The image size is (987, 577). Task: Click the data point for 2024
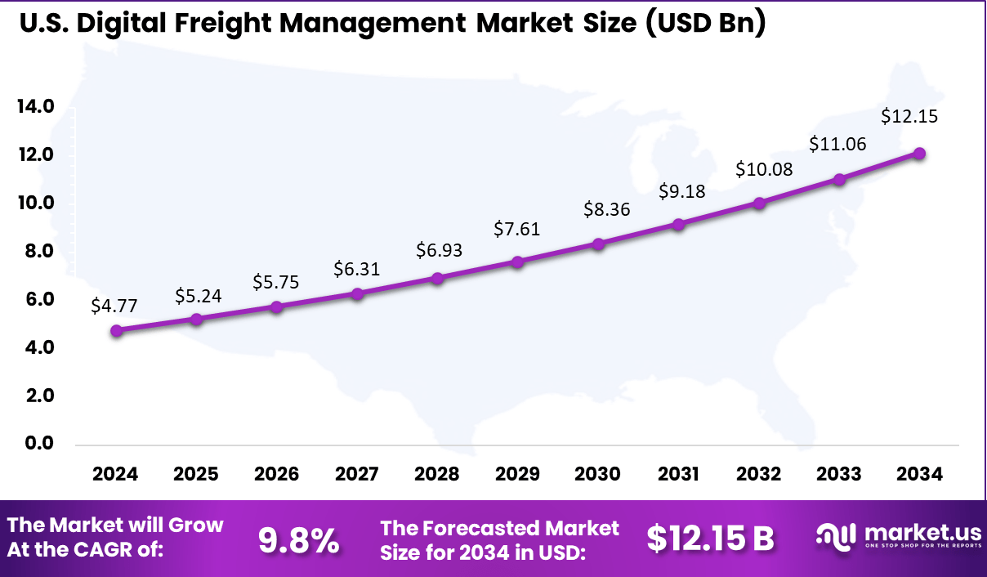coord(117,331)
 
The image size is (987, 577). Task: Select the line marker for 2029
coord(517,262)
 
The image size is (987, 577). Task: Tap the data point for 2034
coord(919,153)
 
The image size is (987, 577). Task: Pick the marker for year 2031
coord(677,224)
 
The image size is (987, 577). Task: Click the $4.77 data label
coord(114,306)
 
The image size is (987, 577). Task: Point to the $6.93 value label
coord(438,250)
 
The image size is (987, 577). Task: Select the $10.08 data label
coord(763,170)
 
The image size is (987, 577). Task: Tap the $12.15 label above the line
coord(909,117)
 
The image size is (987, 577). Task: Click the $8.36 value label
coord(605,209)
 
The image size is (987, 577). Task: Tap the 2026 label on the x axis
coord(276,474)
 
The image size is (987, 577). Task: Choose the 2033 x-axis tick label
coord(839,474)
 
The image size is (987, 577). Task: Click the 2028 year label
coord(437,474)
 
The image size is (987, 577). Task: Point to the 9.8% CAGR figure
coord(299,539)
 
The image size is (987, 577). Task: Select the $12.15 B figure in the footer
coord(710,539)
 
